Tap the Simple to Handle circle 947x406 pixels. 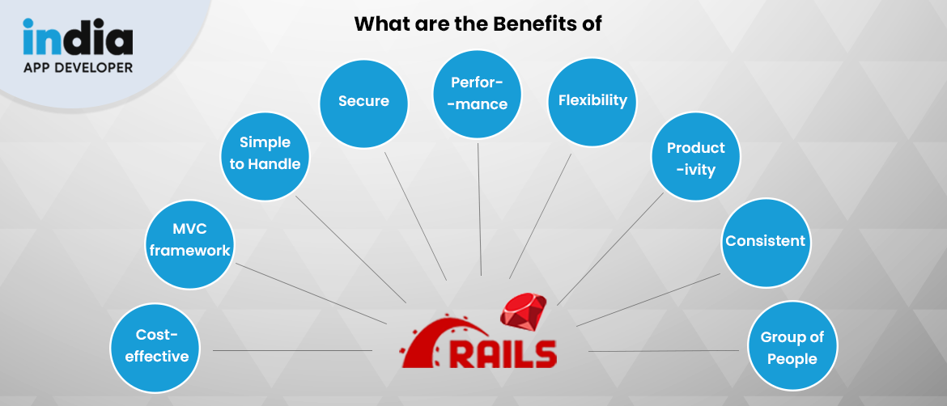(x=265, y=153)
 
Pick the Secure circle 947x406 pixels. (x=363, y=101)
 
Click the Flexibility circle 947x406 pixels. (x=592, y=100)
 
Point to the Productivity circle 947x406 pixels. (x=695, y=159)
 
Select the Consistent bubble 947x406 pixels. (x=765, y=241)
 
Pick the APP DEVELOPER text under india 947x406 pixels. (x=78, y=68)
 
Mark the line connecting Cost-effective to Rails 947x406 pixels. (x=291, y=350)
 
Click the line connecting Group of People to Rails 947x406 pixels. (x=664, y=351)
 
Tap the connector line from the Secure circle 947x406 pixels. (x=414, y=214)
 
